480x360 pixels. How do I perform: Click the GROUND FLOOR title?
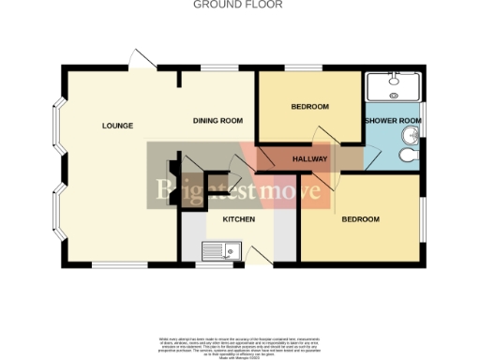click(x=237, y=5)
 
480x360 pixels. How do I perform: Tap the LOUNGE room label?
click(x=118, y=126)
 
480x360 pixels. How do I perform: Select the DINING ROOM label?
click(x=217, y=121)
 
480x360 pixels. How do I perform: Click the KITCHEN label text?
click(x=238, y=218)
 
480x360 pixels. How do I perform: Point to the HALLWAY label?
click(x=309, y=159)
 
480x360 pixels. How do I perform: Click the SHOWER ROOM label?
click(x=393, y=121)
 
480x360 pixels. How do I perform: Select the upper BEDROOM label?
click(x=309, y=107)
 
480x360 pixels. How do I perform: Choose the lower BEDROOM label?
click(x=360, y=219)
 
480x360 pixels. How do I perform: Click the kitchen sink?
click(x=223, y=250)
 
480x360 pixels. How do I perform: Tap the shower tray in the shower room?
click(x=393, y=86)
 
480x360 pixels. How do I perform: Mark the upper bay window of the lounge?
click(x=58, y=127)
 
